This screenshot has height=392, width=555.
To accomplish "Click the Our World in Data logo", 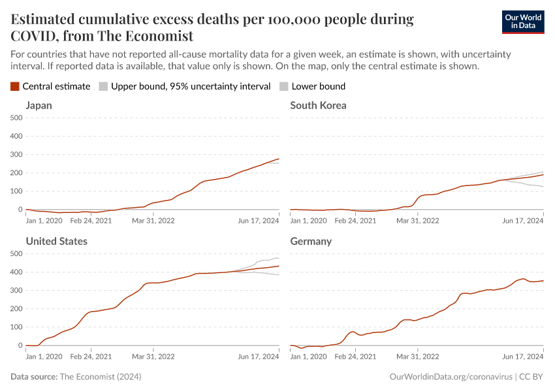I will [x=522, y=22].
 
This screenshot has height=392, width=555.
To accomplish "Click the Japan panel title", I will [x=39, y=105].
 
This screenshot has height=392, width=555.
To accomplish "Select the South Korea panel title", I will [x=318, y=105].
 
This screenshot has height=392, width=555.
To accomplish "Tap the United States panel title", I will [x=57, y=241].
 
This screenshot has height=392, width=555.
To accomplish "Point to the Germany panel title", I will [x=311, y=241].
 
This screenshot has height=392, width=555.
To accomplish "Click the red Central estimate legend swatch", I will [x=15, y=86].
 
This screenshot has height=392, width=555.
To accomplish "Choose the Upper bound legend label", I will [x=191, y=86].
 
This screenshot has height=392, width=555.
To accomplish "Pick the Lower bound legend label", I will [x=319, y=86].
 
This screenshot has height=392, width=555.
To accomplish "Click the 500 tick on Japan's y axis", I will [x=16, y=118].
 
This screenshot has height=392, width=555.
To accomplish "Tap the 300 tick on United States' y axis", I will [x=16, y=290].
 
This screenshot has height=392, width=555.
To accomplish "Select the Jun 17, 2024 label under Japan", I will [x=258, y=221].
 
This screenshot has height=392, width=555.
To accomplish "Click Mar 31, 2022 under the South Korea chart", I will [x=418, y=221].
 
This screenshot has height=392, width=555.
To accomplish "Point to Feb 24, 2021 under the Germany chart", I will [x=355, y=357].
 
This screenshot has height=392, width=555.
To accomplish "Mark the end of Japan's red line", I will [x=279, y=159].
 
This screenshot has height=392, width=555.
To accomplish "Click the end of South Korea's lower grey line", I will [x=543, y=187].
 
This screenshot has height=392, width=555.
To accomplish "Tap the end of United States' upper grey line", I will [x=279, y=258].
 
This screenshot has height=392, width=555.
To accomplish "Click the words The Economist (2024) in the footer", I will [x=100, y=377].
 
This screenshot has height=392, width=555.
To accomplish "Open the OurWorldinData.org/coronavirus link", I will [x=450, y=377].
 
